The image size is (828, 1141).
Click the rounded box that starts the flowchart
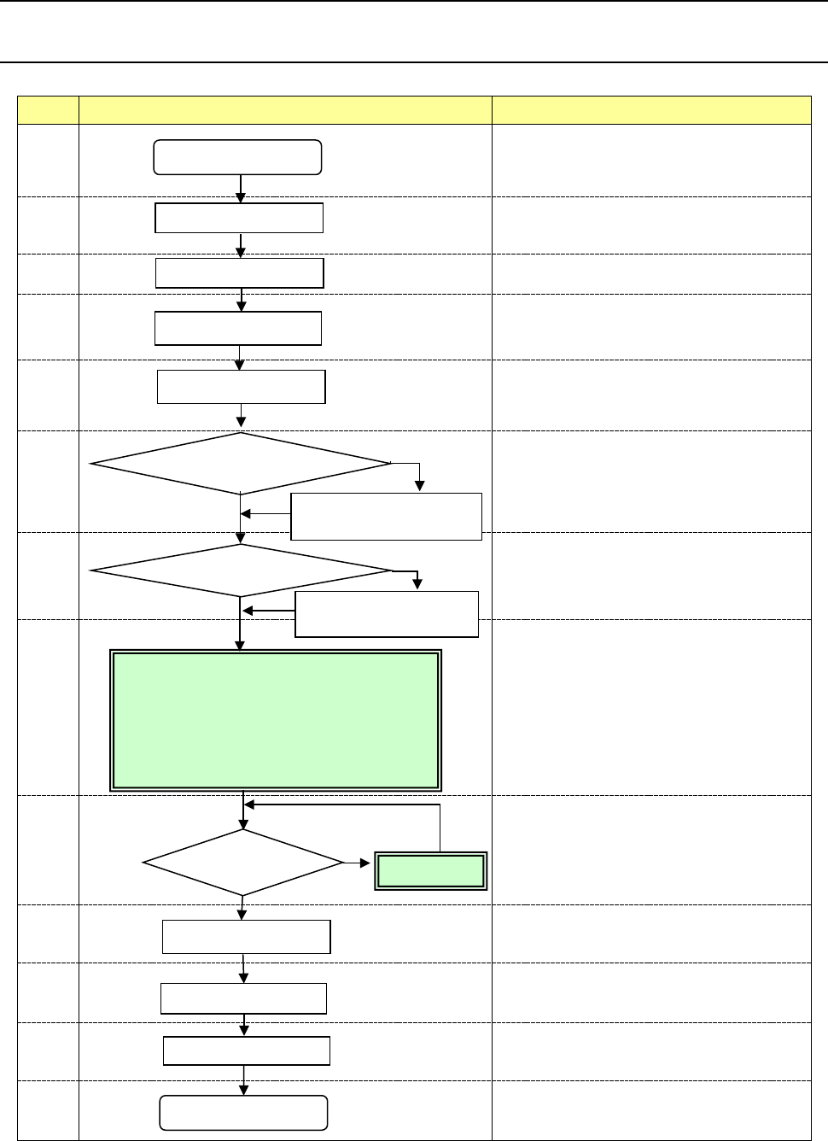tap(237, 157)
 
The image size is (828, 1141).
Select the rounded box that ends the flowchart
tap(244, 1113)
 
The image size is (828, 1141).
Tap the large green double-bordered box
tap(276, 720)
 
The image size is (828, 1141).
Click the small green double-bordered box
tap(431, 871)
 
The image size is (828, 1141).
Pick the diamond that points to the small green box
tap(243, 863)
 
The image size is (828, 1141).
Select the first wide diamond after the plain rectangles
tap(241, 464)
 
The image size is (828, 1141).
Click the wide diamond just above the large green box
tap(241, 570)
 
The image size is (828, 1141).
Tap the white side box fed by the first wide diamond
tap(386, 516)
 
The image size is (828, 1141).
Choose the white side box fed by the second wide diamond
tap(386, 613)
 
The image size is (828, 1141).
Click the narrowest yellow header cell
tap(48, 110)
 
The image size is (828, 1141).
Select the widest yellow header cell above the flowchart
tap(285, 110)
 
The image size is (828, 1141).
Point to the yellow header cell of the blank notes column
tap(651, 110)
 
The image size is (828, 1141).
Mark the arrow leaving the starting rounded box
tap(241, 189)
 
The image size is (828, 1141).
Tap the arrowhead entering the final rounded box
tap(245, 1090)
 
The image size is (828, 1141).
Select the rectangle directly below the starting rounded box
tap(239, 218)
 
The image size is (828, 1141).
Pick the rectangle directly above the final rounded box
tap(247, 1050)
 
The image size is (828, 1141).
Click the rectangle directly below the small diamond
tap(247, 936)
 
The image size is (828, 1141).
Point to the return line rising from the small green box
tap(440, 827)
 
